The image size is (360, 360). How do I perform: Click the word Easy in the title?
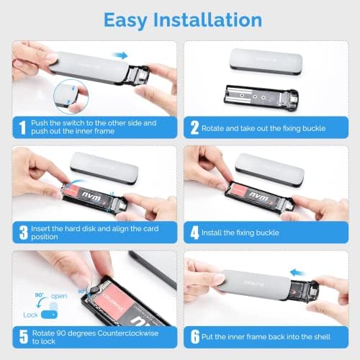click(132, 19)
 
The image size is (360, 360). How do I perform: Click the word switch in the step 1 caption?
click(77, 123)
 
